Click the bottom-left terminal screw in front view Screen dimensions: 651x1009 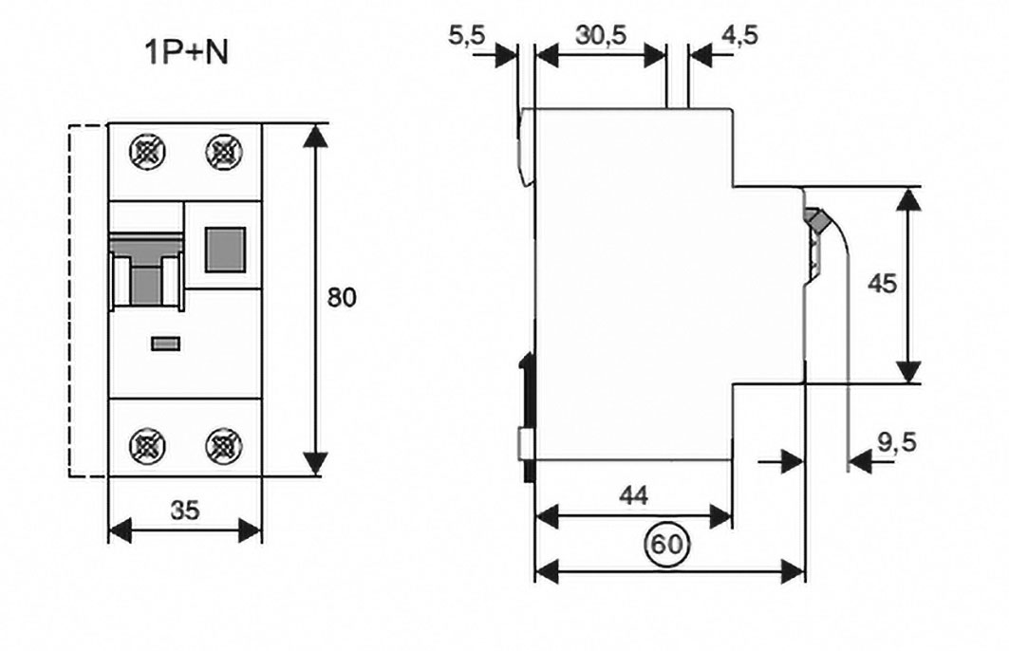147,443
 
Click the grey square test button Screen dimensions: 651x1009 224,248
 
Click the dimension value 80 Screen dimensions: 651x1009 342,297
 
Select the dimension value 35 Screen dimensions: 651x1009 185,511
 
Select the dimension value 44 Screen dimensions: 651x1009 633,494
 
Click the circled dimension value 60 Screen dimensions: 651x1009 666,545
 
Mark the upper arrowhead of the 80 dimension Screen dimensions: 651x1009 315,135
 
